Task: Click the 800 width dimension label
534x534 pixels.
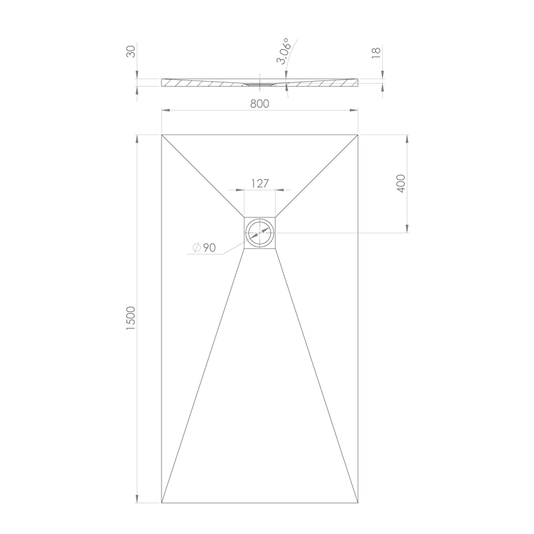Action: coord(259,104)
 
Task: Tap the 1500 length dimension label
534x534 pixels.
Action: coord(131,318)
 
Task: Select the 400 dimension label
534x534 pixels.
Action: coord(401,183)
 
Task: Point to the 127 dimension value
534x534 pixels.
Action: coord(260,183)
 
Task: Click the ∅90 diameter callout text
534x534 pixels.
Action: coord(204,248)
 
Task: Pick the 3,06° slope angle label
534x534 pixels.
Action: coord(283,51)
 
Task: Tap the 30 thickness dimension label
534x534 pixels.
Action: coord(131,51)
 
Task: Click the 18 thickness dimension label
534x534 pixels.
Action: coord(376,53)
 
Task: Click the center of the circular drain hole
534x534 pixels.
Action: coord(259,233)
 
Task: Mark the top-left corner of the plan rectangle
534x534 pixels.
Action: coord(161,135)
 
